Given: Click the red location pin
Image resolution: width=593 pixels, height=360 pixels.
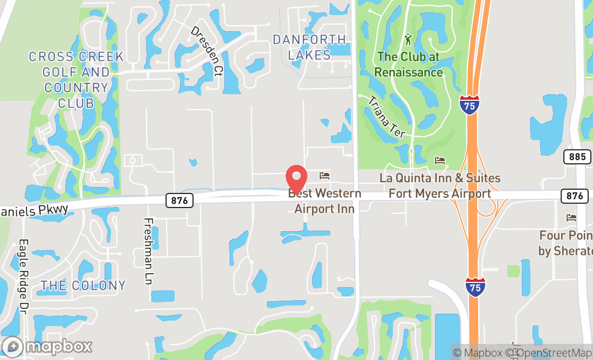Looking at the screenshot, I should coord(296,177).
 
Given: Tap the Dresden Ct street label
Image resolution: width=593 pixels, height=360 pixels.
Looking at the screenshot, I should coord(206,52).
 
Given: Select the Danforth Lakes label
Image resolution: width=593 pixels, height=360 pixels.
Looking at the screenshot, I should coord(309,47).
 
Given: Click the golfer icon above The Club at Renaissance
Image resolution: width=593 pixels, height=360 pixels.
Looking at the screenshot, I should coord(409,39).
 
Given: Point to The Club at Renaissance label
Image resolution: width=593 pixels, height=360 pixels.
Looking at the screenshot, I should coord(409,64).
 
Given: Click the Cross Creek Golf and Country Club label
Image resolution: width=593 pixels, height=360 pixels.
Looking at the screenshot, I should coord(76,79).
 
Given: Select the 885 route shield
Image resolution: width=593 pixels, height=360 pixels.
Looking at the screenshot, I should coord(575,157).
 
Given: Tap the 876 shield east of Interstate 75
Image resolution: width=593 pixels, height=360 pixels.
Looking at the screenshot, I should coord(574,196).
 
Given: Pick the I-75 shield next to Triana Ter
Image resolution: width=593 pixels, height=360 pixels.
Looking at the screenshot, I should coord(470,105).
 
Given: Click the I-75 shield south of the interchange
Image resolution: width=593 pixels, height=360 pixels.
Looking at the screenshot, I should coord(475,286).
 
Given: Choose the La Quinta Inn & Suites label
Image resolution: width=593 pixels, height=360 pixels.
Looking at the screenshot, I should coord(440,185).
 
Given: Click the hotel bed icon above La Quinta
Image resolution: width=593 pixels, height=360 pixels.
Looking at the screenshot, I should coord(440,161).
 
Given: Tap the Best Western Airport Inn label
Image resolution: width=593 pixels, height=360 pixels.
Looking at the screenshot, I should coord(325,200).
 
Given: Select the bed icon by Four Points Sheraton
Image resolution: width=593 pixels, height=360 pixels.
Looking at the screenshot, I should coord(571,218).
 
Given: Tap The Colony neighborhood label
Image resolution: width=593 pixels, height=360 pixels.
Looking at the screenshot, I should coord(83,285).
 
